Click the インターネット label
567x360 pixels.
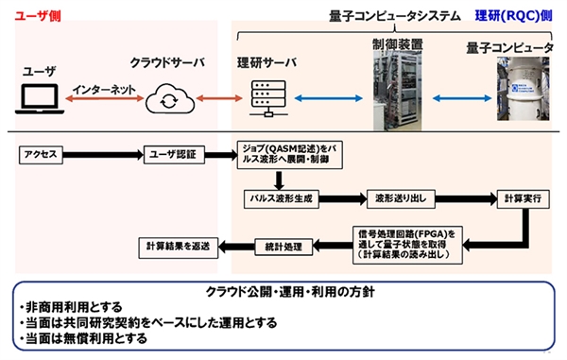107,84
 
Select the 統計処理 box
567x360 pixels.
281,247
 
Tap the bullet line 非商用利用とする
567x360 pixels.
71,308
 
